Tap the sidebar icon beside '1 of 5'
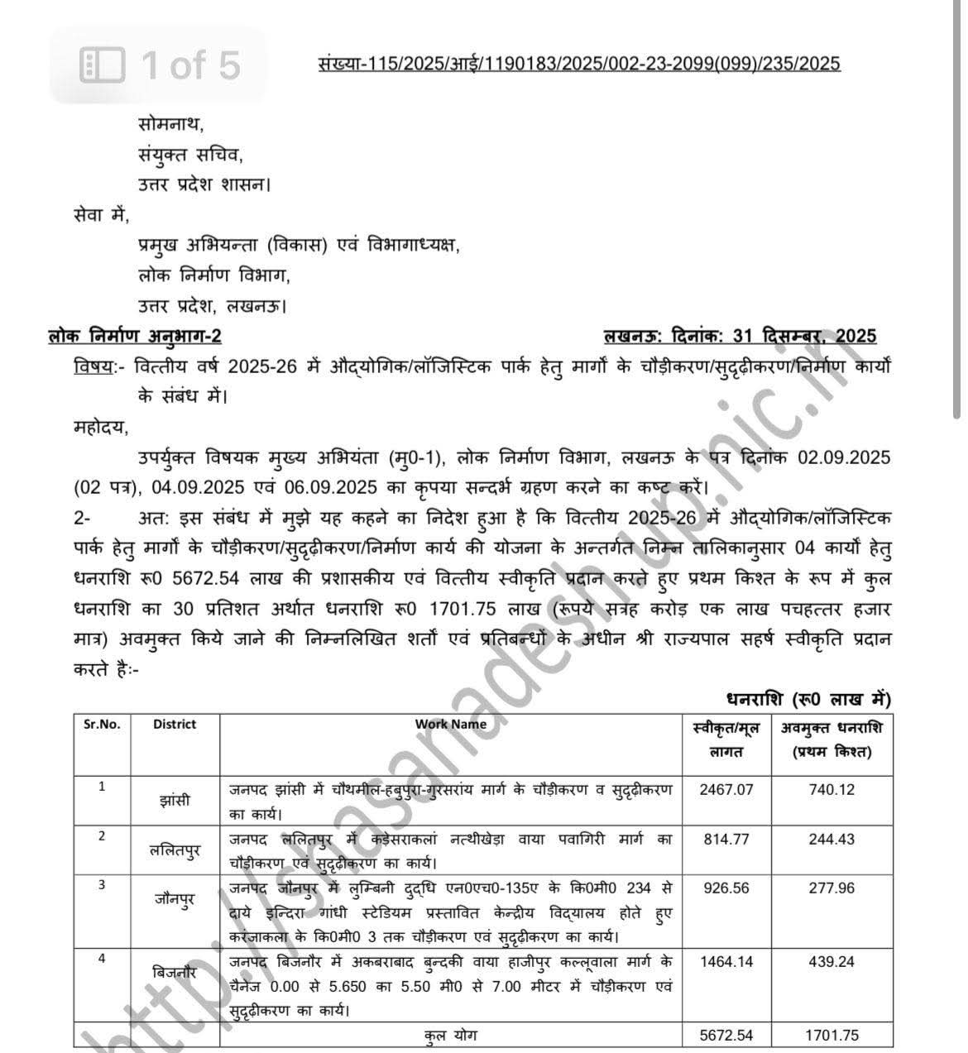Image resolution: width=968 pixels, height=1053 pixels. pyautogui.click(x=102, y=65)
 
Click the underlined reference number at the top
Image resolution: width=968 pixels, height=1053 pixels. pyautogui.click(x=578, y=63)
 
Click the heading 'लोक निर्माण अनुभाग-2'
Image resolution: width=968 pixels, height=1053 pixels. pyautogui.click(x=135, y=336)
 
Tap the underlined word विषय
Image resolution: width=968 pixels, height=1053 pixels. pyautogui.click(x=93, y=366)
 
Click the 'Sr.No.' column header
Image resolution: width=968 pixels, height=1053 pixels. pyautogui.click(x=102, y=724)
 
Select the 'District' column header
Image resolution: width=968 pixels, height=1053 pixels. pyautogui.click(x=175, y=724)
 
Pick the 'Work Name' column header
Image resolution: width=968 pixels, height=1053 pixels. pyautogui.click(x=451, y=724)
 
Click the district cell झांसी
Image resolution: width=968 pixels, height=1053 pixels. pyautogui.click(x=175, y=800)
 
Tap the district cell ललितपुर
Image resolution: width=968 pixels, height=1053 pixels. pyautogui.click(x=175, y=850)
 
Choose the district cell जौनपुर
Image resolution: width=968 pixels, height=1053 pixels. pyautogui.click(x=175, y=899)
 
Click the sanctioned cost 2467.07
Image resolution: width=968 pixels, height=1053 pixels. pyautogui.click(x=726, y=789)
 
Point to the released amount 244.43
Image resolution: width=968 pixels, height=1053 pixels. pyautogui.click(x=831, y=839)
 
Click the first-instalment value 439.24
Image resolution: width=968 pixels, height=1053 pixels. pyautogui.click(x=831, y=962)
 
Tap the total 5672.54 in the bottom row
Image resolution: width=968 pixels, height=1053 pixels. pyautogui.click(x=726, y=1036)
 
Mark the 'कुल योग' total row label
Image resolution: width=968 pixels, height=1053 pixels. pyautogui.click(x=451, y=1036)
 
